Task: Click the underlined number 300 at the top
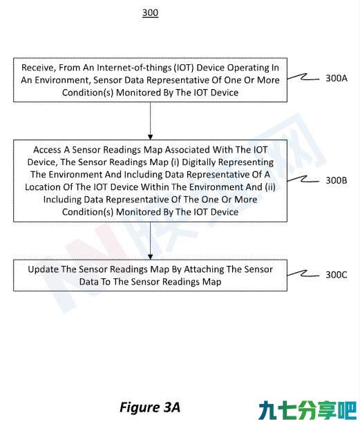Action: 150,12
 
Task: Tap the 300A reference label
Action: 337,78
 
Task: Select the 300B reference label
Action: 337,180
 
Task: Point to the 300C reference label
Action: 337,275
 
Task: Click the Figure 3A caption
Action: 150,407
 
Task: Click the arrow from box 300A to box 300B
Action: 151,121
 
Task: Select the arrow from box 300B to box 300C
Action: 151,241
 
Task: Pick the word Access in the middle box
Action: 47,150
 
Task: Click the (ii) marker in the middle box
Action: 270,187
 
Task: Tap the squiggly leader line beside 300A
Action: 303,77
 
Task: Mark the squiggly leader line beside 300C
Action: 303,274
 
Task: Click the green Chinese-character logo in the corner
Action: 307,410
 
